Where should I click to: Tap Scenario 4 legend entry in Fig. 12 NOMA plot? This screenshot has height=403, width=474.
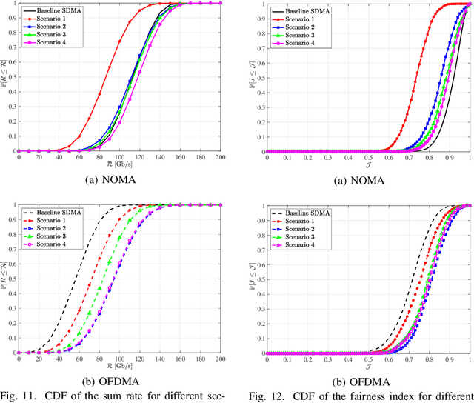tap(299, 44)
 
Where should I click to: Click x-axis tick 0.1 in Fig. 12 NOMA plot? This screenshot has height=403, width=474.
tap(286, 158)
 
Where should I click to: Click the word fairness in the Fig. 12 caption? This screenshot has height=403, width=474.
tap(404, 393)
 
